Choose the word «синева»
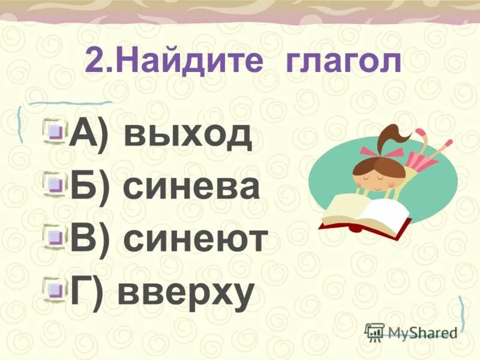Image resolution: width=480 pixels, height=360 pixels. coord(191,187)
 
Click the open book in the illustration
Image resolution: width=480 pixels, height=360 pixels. coord(364,214)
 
